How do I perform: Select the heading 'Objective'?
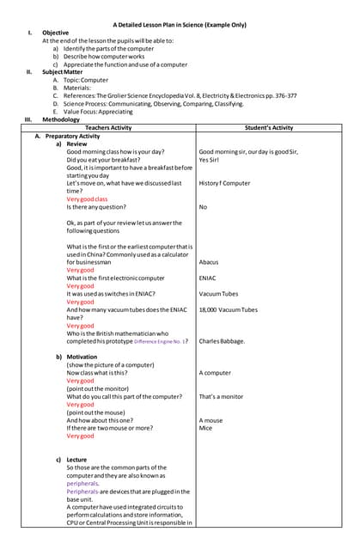[x=56, y=33]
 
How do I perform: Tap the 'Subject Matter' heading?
[x=65, y=71]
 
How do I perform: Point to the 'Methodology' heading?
[x=61, y=119]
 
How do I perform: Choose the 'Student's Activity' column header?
[x=268, y=127]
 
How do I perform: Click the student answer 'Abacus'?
[x=208, y=262]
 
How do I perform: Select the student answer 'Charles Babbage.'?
[x=222, y=341]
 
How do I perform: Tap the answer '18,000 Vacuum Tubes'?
[x=228, y=309]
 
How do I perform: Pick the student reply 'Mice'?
[x=205, y=428]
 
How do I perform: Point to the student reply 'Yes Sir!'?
[x=210, y=160]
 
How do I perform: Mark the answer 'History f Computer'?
[x=224, y=183]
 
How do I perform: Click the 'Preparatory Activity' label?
[x=73, y=136]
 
